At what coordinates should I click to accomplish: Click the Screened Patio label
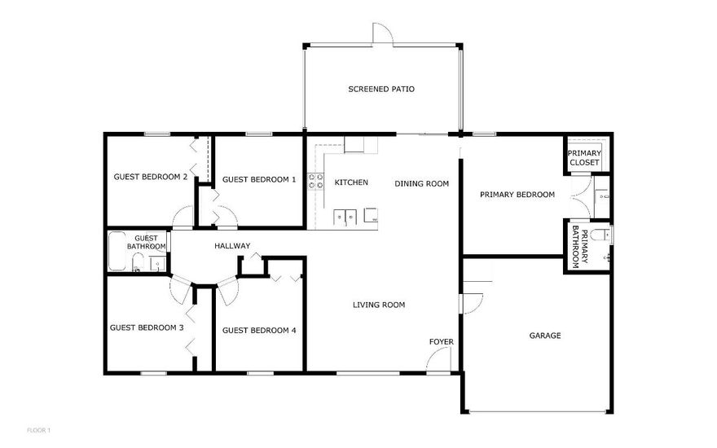coord(381,89)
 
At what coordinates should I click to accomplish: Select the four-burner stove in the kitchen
coord(315,181)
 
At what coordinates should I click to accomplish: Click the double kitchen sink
coord(345,217)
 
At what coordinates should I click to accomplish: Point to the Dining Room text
coord(422,183)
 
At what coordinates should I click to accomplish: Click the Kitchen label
coord(351,182)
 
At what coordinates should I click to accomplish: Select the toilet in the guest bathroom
coord(139,262)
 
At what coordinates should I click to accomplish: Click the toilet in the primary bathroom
coord(601,235)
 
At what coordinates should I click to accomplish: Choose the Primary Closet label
coord(584,158)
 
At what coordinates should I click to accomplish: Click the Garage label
coord(545,335)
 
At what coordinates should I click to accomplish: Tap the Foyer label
coord(441,341)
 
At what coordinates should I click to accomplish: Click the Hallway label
coord(232,246)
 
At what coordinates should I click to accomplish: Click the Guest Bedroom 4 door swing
coord(227,289)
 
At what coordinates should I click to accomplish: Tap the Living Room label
coord(379,305)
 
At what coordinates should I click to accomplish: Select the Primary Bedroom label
coord(517,195)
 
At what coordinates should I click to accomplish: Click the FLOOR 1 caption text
coord(38,429)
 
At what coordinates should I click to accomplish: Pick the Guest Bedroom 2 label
coord(151,177)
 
